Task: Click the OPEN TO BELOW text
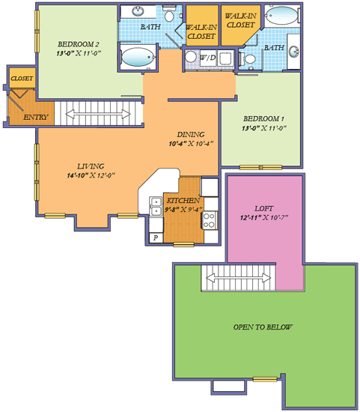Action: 263,327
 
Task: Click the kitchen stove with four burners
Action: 210,220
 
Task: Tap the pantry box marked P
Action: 156,237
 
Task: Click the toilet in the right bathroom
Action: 251,58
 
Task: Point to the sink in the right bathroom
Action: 293,51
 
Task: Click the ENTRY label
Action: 35,118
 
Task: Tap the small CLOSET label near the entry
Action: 19,77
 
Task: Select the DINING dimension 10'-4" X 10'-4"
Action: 191,143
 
